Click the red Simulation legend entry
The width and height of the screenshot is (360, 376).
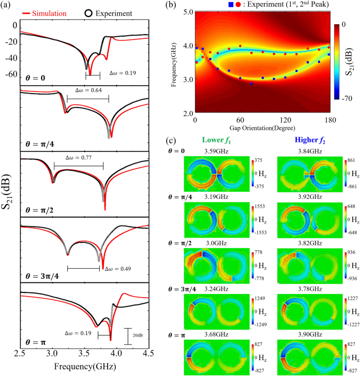click(49, 12)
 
